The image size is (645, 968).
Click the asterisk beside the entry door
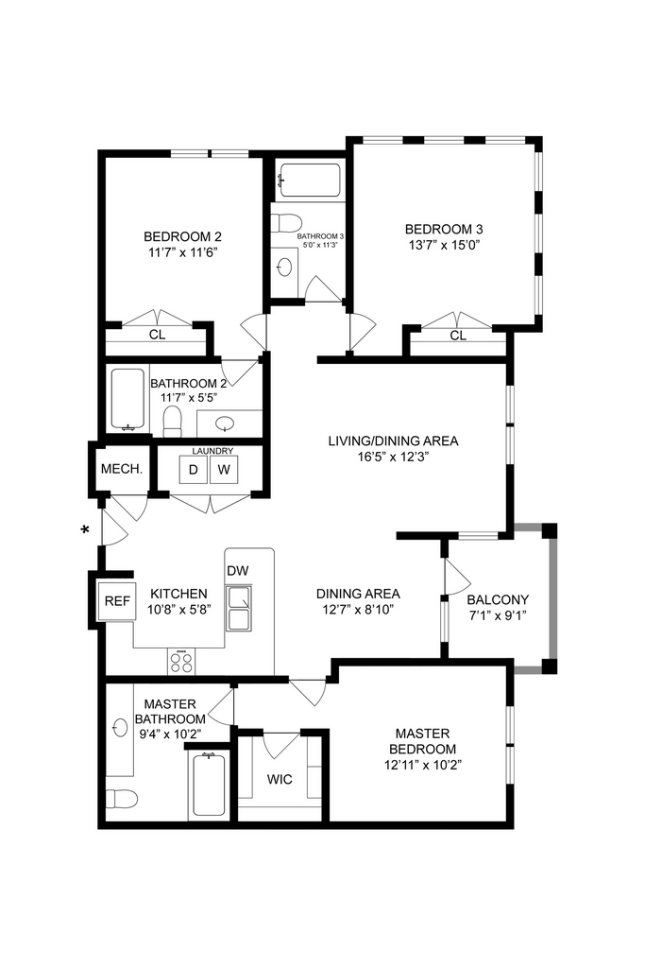[x=86, y=529]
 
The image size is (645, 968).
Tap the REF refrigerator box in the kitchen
[x=117, y=600]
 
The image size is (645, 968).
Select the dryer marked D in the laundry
[x=193, y=470]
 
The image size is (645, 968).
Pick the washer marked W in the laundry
[x=224, y=470]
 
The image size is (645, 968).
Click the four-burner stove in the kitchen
[x=181, y=662]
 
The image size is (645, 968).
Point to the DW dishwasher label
[x=237, y=570]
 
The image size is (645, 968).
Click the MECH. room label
[x=122, y=469]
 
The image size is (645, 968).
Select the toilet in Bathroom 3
[x=286, y=222]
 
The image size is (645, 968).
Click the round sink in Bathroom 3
[x=285, y=267]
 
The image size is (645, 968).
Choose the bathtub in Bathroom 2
[x=128, y=400]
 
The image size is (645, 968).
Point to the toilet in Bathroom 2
[x=173, y=421]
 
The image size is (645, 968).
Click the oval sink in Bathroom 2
[x=225, y=423]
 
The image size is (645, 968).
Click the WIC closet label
[x=280, y=780]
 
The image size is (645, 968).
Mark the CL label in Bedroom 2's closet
[x=158, y=335]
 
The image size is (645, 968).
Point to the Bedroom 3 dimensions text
[x=444, y=245]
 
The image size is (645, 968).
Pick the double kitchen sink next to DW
[x=238, y=608]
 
